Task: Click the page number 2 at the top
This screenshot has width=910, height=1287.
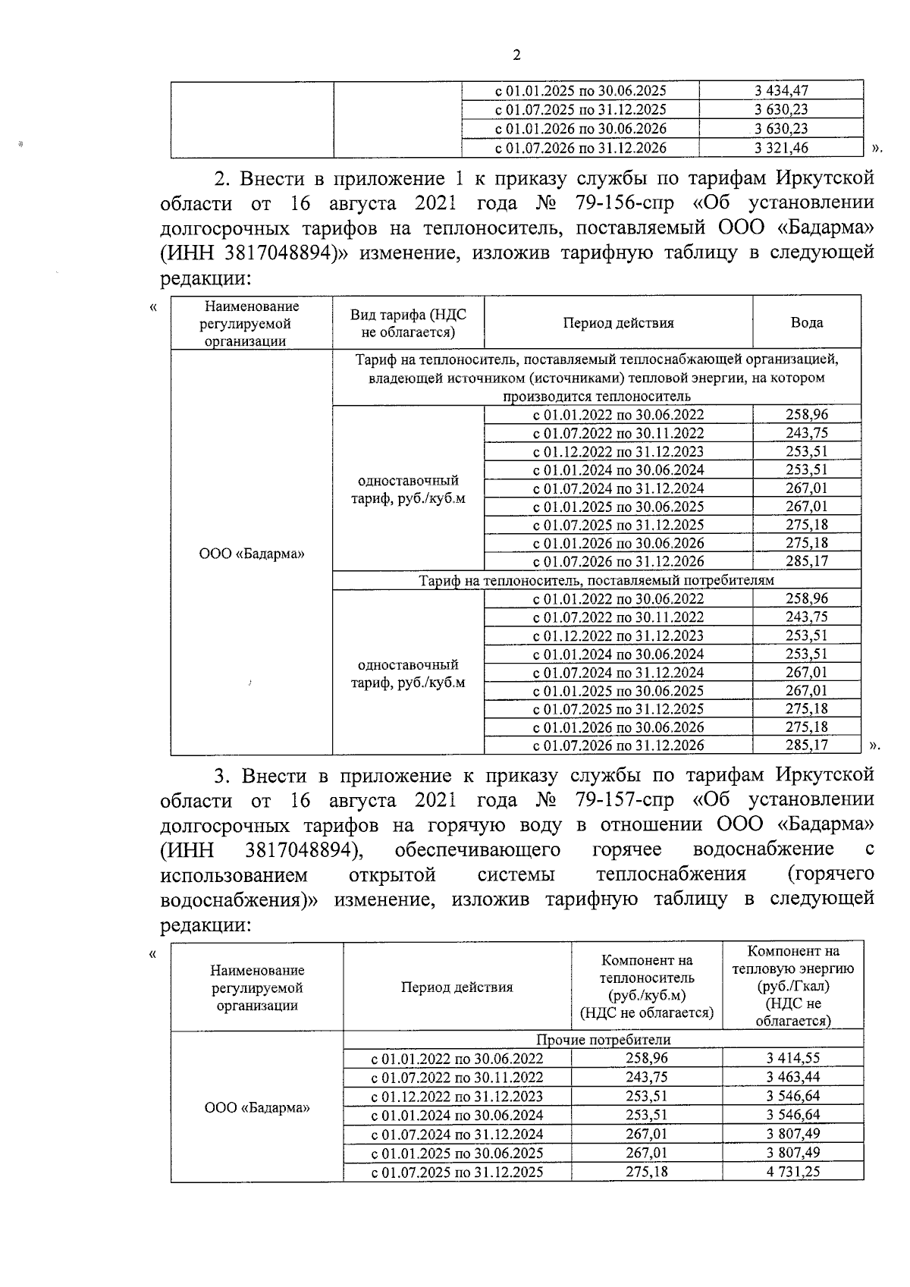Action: coord(517,55)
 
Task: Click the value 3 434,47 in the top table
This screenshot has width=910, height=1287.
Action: coord(780,91)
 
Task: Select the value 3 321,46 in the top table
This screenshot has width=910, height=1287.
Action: coord(780,148)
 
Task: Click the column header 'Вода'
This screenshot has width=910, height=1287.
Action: coord(806,322)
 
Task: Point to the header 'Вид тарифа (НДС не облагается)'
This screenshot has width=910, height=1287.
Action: coord(408,323)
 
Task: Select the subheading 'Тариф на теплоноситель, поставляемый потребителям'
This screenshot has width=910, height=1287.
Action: coord(596,580)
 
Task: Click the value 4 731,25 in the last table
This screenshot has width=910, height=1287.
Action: coord(792,1172)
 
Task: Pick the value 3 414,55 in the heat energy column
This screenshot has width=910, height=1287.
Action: coord(792,1058)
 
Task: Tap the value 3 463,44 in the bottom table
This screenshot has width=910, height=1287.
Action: coord(792,1077)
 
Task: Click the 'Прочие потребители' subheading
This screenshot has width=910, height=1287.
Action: coord(603,1040)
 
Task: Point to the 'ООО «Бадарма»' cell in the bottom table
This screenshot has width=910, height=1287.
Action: coord(257,1107)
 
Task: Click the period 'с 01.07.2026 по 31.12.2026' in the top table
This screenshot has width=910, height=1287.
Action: coord(580,148)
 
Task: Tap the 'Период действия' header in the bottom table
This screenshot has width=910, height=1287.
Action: coord(457,987)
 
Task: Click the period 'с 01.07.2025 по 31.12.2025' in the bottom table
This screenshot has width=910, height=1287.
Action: coord(457,1172)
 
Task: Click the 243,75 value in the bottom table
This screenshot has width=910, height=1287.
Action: coord(646,1077)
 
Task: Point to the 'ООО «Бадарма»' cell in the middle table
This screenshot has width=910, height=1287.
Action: coord(252,554)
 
